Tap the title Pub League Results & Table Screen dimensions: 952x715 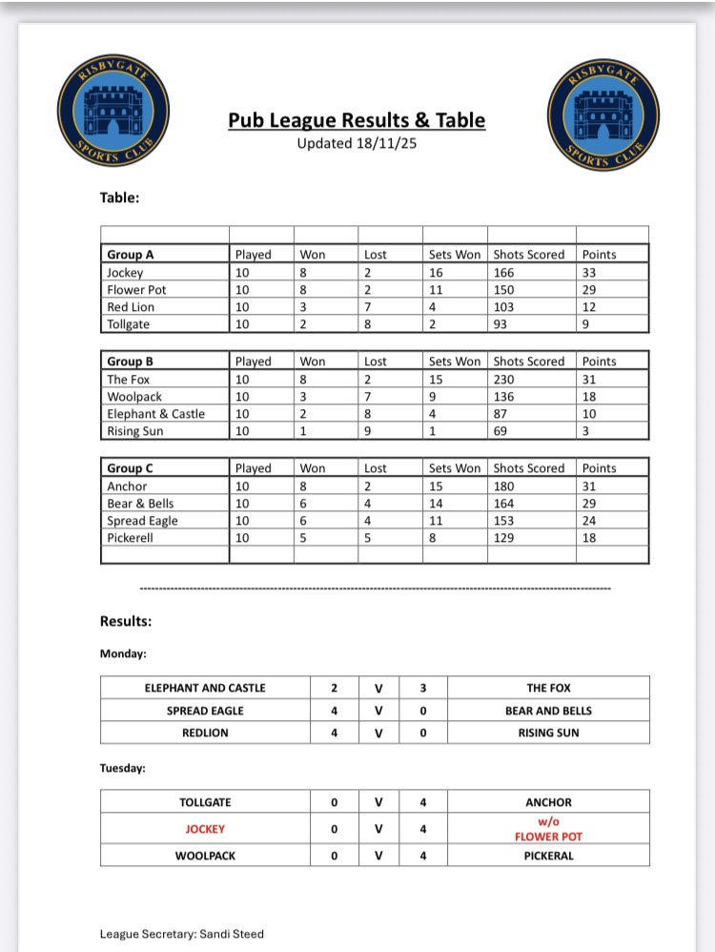tap(357, 120)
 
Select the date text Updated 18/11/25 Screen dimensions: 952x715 tap(357, 144)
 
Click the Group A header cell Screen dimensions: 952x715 tap(131, 255)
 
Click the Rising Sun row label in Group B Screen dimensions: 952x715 tap(135, 431)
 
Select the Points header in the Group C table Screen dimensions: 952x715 tap(599, 468)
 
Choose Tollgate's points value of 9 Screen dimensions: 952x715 tap(586, 324)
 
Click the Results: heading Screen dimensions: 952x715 tap(126, 621)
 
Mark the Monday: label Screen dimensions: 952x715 tap(124, 654)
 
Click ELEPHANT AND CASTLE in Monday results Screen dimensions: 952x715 tap(205, 688)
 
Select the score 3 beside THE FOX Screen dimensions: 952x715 tap(422, 688)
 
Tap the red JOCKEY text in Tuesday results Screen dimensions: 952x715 tap(205, 829)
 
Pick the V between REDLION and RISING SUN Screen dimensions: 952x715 tap(378, 733)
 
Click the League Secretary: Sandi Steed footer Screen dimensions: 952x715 tap(182, 934)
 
